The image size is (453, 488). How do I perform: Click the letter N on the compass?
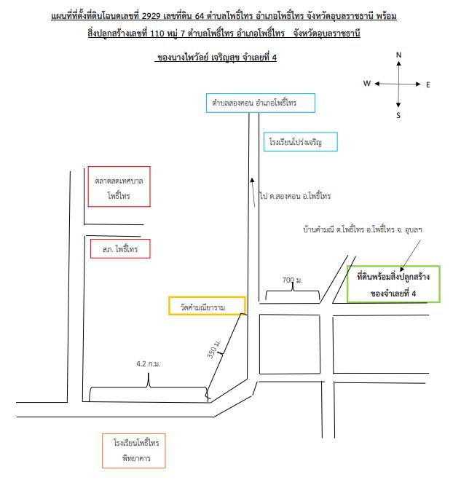click(398, 55)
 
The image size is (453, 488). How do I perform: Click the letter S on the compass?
click(398, 116)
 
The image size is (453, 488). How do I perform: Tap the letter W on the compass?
click(367, 84)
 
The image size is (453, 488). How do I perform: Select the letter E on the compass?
click(428, 84)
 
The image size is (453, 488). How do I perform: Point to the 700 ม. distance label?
click(293, 280)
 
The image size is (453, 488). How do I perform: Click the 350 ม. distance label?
click(214, 349)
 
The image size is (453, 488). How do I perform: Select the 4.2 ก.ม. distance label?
click(149, 363)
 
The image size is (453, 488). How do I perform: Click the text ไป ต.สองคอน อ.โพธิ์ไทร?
click(295, 196)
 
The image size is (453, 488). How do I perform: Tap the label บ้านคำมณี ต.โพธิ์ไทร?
click(334, 230)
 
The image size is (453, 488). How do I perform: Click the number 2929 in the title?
click(151, 16)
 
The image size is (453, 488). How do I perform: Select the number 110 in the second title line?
click(157, 33)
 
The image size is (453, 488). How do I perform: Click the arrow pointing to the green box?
click(410, 255)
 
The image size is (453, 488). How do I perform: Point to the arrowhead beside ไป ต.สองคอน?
click(252, 180)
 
